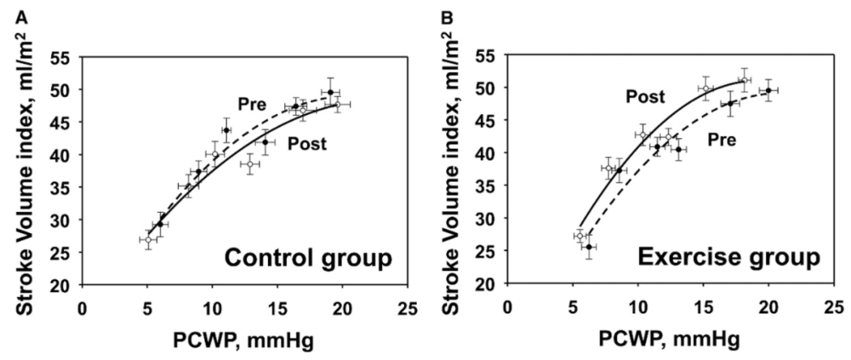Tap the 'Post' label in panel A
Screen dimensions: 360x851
click(x=306, y=144)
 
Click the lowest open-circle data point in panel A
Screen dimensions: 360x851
click(x=147, y=240)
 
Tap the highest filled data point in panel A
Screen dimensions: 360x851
click(x=330, y=92)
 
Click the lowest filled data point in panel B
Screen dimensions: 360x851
click(x=588, y=247)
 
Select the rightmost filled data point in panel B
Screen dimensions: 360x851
click(x=768, y=90)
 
